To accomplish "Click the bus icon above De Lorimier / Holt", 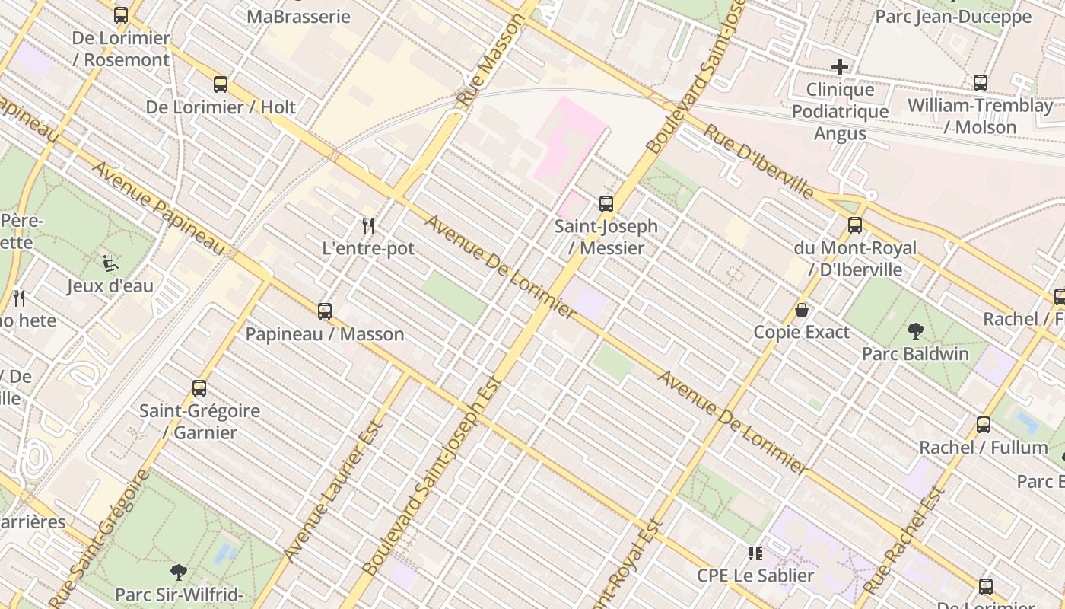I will [221, 84].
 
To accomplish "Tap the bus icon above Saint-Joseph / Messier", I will [606, 204].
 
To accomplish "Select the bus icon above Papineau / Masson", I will [325, 311].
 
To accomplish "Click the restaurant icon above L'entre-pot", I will [368, 225].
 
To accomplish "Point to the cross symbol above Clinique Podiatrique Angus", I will [840, 67].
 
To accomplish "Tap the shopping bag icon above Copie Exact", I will [801, 310].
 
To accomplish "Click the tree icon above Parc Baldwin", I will [916, 331].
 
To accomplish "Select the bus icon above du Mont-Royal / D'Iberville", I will [855, 225].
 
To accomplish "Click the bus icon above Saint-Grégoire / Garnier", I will [199, 388].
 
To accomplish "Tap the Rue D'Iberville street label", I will [757, 161].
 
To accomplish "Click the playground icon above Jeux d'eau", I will [110, 263].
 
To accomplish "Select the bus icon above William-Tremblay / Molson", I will [981, 83].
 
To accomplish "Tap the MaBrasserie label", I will [299, 17].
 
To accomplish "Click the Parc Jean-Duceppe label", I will [953, 17].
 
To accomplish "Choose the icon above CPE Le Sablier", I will [755, 553].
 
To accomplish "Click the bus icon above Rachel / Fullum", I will [984, 425].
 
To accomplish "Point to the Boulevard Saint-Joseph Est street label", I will [431, 476].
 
